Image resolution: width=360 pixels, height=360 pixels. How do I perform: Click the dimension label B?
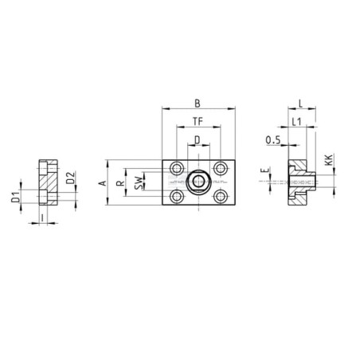tap(198, 104)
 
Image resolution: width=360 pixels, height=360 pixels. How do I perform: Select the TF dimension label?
tap(198, 121)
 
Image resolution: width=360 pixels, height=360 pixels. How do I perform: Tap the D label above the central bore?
tap(198, 140)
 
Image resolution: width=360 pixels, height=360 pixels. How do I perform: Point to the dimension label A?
tap(103, 183)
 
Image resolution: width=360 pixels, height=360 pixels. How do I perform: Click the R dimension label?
tap(120, 183)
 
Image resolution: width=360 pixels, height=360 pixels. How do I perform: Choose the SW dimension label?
tap(139, 183)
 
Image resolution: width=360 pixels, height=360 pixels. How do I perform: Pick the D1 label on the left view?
tap(16, 197)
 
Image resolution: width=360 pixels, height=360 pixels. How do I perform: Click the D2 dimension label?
tap(70, 178)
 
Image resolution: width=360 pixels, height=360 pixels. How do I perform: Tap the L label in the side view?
tap(300, 104)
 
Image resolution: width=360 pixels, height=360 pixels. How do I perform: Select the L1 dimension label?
tap(296, 122)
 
